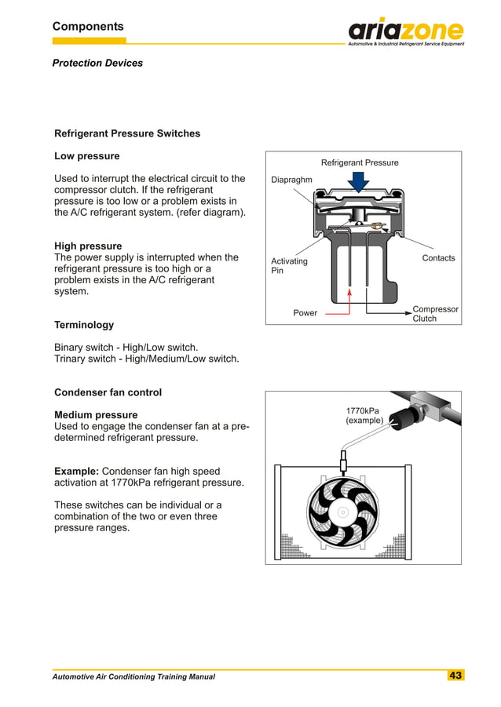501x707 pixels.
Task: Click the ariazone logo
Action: (x=406, y=31)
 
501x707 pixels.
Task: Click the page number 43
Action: (x=455, y=676)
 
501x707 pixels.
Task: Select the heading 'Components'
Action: (x=88, y=27)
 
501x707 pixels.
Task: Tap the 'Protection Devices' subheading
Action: (x=97, y=63)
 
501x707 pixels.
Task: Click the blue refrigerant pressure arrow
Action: (x=360, y=182)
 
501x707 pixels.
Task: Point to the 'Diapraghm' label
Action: (x=291, y=180)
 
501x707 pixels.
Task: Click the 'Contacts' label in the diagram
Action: (x=438, y=257)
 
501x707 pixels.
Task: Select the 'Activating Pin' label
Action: (x=289, y=266)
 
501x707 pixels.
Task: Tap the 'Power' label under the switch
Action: (x=305, y=313)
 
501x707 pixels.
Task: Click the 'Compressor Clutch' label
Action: (x=435, y=314)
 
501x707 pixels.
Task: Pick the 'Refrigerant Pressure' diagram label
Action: (x=360, y=162)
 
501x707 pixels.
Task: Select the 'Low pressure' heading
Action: (x=86, y=156)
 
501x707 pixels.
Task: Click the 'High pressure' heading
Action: (x=88, y=246)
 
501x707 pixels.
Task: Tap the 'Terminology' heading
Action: (x=83, y=325)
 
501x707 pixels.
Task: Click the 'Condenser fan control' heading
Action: (x=108, y=392)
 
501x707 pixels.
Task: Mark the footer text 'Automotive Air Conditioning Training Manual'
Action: (x=133, y=676)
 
